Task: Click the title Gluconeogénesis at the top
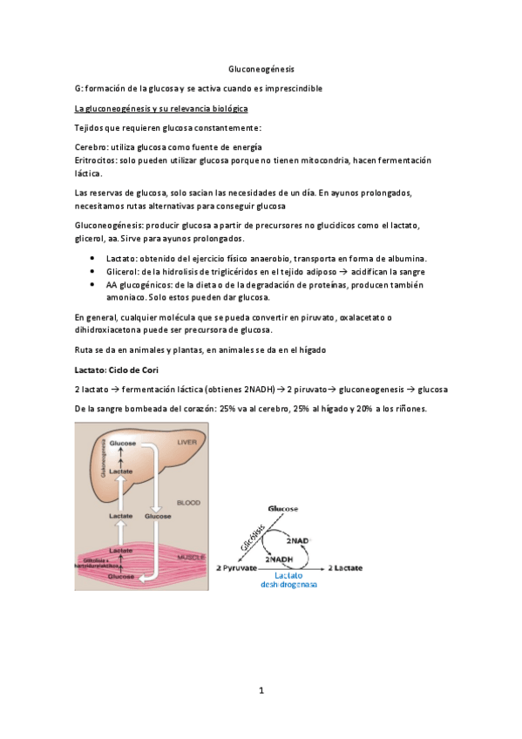pyautogui.click(x=261, y=68)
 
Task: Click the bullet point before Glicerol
pyautogui.click(x=93, y=272)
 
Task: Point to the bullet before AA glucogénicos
pyautogui.click(x=93, y=285)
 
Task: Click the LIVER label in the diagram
pyautogui.click(x=188, y=443)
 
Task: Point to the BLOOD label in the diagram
pyautogui.click(x=188, y=503)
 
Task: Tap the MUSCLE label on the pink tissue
pyautogui.click(x=188, y=555)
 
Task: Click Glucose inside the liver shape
pyautogui.click(x=122, y=444)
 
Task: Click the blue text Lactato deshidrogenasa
pyautogui.click(x=288, y=580)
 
